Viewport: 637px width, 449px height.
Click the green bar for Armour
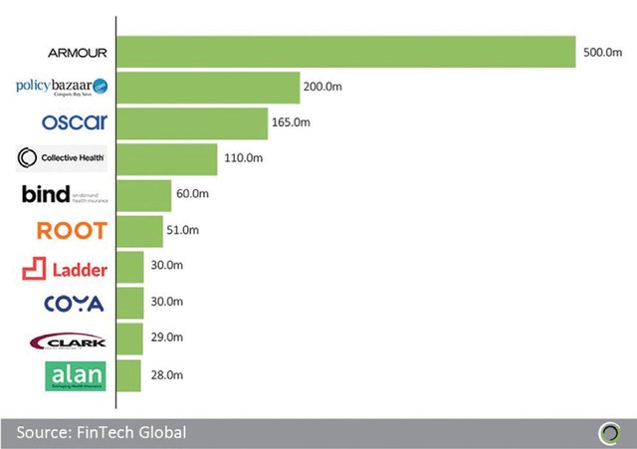tap(346, 52)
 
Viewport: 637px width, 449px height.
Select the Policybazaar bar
tap(208, 88)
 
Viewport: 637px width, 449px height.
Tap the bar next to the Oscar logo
tap(190, 123)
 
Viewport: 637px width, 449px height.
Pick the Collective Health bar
tap(166, 159)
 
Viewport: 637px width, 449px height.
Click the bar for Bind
tap(143, 195)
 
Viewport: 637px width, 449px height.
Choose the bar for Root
tap(139, 231)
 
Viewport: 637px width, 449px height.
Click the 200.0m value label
tap(323, 88)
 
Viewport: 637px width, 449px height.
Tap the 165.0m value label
tap(289, 123)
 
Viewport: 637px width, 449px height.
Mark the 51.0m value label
tap(183, 231)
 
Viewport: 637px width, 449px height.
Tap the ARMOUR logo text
tap(77, 52)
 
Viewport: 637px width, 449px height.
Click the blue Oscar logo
tap(75, 123)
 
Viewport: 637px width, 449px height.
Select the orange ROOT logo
tap(71, 231)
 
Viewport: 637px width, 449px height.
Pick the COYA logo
tap(74, 303)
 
